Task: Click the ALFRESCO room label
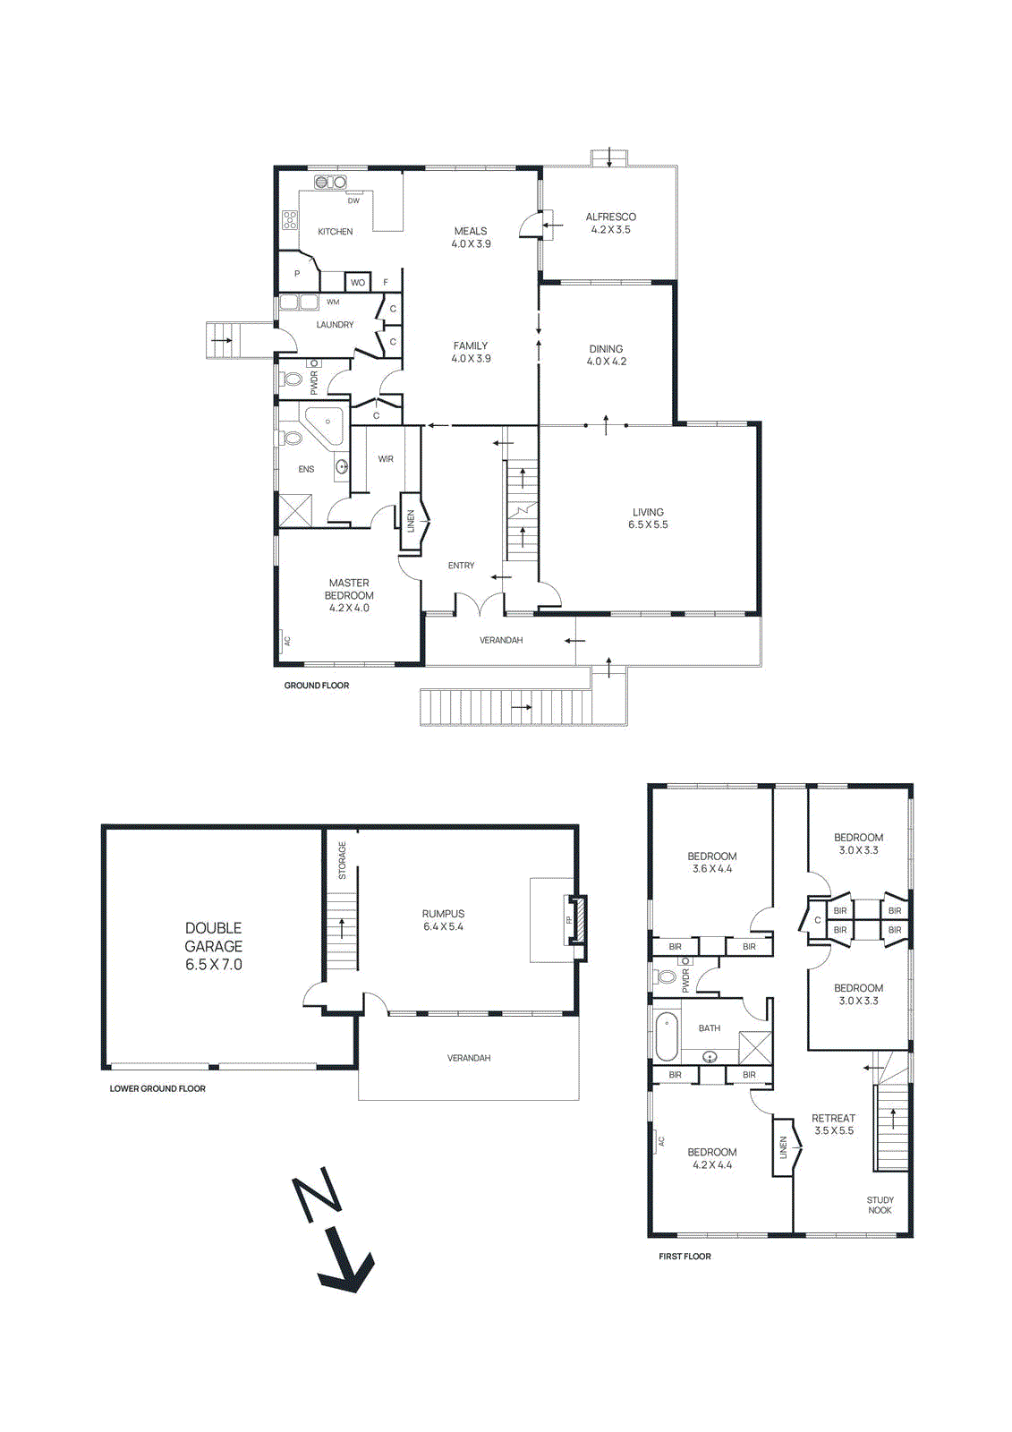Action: pos(610,223)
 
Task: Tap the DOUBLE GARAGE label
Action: pos(213,946)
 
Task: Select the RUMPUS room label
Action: pos(443,920)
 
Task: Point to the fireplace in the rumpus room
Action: pos(578,919)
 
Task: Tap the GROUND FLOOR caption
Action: pos(316,686)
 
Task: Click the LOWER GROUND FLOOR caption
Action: pos(157,1088)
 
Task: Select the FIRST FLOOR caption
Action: pos(685,1257)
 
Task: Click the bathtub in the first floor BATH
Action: pos(667,1036)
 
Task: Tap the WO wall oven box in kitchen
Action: pos(358,282)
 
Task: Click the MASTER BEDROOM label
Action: pos(349,595)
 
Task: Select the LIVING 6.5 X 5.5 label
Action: pos(648,518)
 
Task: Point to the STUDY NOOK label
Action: pos(880,1205)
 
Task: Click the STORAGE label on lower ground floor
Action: pos(342,859)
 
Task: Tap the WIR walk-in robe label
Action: pos(386,459)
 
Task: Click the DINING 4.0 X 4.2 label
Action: pos(606,355)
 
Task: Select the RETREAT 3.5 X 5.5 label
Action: pos(833,1124)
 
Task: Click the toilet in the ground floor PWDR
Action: pos(292,379)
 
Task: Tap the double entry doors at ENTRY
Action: pos(480,606)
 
